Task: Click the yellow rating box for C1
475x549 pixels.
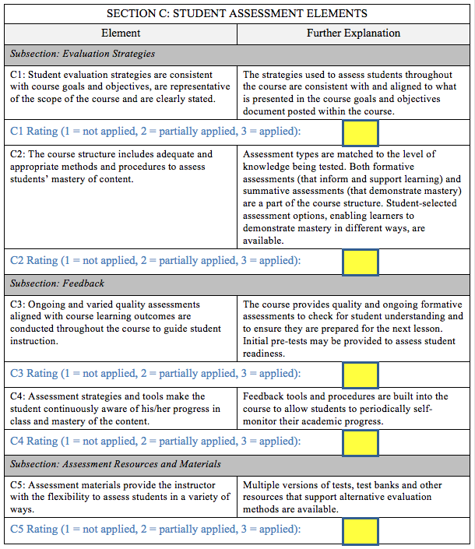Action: click(361, 132)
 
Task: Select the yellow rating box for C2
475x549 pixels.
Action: click(361, 262)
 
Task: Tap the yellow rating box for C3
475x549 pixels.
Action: click(361, 375)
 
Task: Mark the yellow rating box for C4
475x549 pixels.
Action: click(361, 442)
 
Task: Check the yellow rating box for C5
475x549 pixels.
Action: click(361, 531)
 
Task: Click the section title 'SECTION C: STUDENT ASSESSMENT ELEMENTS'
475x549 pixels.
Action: click(237, 13)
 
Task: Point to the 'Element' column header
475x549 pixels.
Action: click(121, 33)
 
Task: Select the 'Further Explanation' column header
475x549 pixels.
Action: click(354, 33)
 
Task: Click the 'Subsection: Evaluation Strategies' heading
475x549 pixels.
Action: click(83, 55)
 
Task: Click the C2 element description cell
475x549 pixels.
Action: click(121, 167)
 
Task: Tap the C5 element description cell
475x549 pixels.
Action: click(121, 497)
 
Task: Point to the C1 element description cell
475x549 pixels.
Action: click(121, 86)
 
